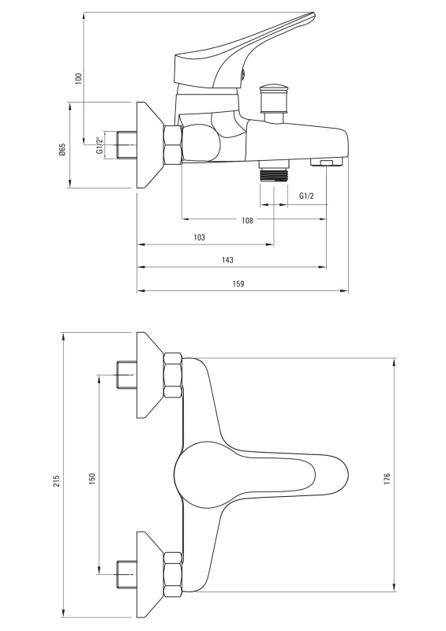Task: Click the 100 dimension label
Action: click(79, 77)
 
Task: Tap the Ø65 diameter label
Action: click(62, 149)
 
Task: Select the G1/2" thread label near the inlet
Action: click(99, 146)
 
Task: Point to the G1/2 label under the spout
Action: click(306, 196)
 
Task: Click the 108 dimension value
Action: click(247, 220)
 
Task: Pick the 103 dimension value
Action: click(199, 237)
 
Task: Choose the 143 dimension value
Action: click(227, 260)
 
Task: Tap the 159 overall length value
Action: click(238, 284)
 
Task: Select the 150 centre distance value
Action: click(92, 479)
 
